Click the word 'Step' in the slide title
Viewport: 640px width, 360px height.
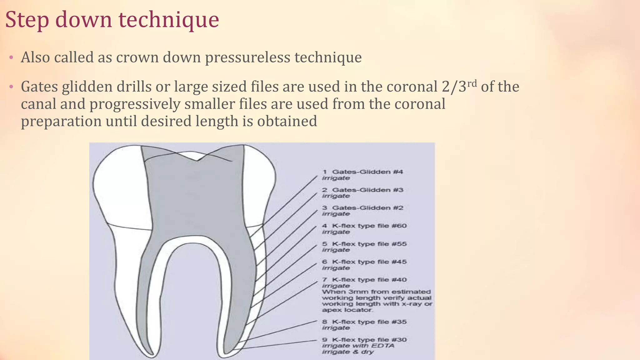[27, 20]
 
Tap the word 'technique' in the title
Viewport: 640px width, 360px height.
[169, 20]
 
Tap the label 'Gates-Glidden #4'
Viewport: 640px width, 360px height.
[367, 172]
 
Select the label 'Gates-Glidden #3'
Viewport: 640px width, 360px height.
[367, 190]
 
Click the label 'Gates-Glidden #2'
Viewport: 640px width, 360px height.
[367, 208]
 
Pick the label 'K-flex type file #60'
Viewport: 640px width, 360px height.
[369, 226]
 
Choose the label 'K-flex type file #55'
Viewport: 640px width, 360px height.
[369, 244]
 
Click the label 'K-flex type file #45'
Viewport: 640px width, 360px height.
[369, 262]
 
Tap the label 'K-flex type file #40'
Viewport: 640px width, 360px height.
[369, 280]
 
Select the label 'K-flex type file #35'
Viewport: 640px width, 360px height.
[369, 322]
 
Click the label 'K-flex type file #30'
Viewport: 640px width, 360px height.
[369, 340]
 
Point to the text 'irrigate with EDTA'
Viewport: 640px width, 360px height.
[358, 346]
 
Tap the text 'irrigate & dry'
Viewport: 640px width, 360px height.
[348, 352]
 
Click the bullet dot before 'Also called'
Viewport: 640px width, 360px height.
[11, 57]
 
